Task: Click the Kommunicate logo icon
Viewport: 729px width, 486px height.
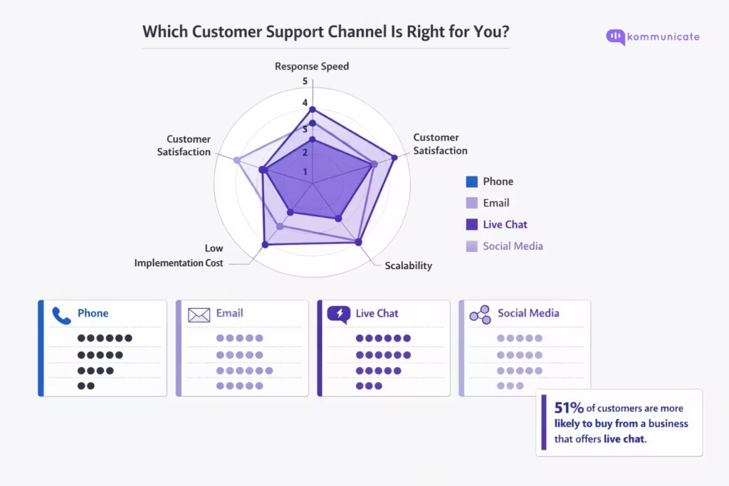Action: [615, 37]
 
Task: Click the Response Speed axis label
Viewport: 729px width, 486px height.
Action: [312, 66]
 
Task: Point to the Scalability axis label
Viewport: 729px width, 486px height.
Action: [409, 265]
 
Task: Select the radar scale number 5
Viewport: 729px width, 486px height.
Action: [305, 81]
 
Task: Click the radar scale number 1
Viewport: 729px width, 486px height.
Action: [305, 171]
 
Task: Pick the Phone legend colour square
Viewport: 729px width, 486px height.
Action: [471, 181]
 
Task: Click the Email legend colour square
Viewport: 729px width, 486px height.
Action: [471, 203]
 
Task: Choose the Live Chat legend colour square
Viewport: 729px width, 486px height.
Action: [471, 224]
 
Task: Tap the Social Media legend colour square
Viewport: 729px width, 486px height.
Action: [471, 246]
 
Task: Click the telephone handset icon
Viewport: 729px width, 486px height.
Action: [60, 314]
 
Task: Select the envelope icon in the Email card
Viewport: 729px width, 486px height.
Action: [199, 314]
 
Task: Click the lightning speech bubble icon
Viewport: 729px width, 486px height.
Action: [338, 314]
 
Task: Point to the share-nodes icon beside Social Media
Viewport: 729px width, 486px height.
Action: [480, 314]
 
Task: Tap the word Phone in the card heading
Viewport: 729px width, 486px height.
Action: [93, 313]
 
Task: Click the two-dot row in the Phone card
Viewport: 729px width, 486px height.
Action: [85, 386]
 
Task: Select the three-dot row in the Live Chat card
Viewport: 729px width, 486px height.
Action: [369, 386]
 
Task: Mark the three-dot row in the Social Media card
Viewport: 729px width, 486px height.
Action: [510, 386]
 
